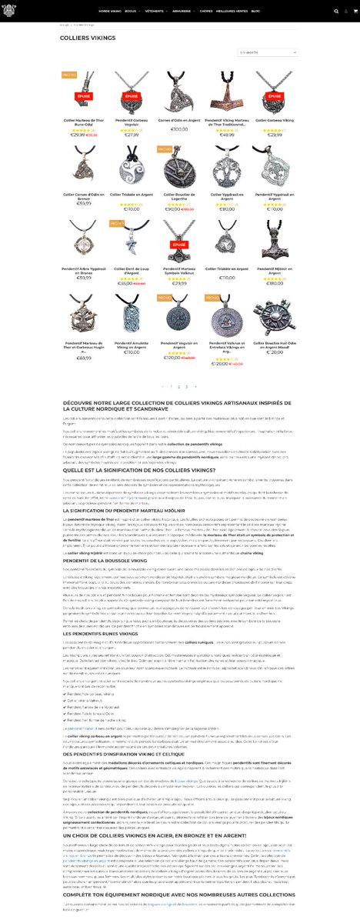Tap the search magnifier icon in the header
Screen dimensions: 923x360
click(x=335, y=12)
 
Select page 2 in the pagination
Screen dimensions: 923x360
click(x=178, y=386)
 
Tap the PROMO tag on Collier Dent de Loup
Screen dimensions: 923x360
click(x=115, y=224)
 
